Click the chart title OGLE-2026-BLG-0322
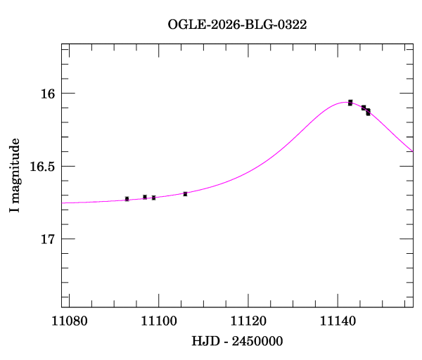(237, 25)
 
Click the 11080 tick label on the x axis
(70, 321)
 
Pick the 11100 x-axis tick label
(159, 321)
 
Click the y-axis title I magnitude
(14, 176)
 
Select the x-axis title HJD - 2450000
(237, 342)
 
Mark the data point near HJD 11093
(127, 199)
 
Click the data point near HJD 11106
(185, 193)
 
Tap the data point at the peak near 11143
(350, 103)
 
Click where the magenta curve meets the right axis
(413, 151)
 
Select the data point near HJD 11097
(145, 197)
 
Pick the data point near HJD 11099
(153, 198)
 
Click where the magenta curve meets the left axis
(62, 202)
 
